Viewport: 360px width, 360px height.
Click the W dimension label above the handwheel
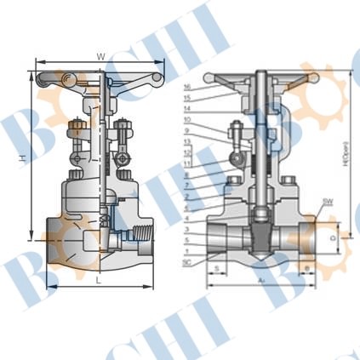point(100,56)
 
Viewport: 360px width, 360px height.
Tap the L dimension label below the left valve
point(99,279)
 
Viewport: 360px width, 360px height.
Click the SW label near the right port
point(328,203)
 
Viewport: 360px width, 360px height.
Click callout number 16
point(186,88)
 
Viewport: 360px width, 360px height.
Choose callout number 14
point(186,110)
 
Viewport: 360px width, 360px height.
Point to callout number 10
point(186,121)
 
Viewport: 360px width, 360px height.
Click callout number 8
point(186,174)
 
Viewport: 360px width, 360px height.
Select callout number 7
point(186,186)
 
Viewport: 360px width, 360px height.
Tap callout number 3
point(186,231)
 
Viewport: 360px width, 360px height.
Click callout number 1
point(186,253)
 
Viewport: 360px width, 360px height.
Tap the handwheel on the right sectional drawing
point(266,78)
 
